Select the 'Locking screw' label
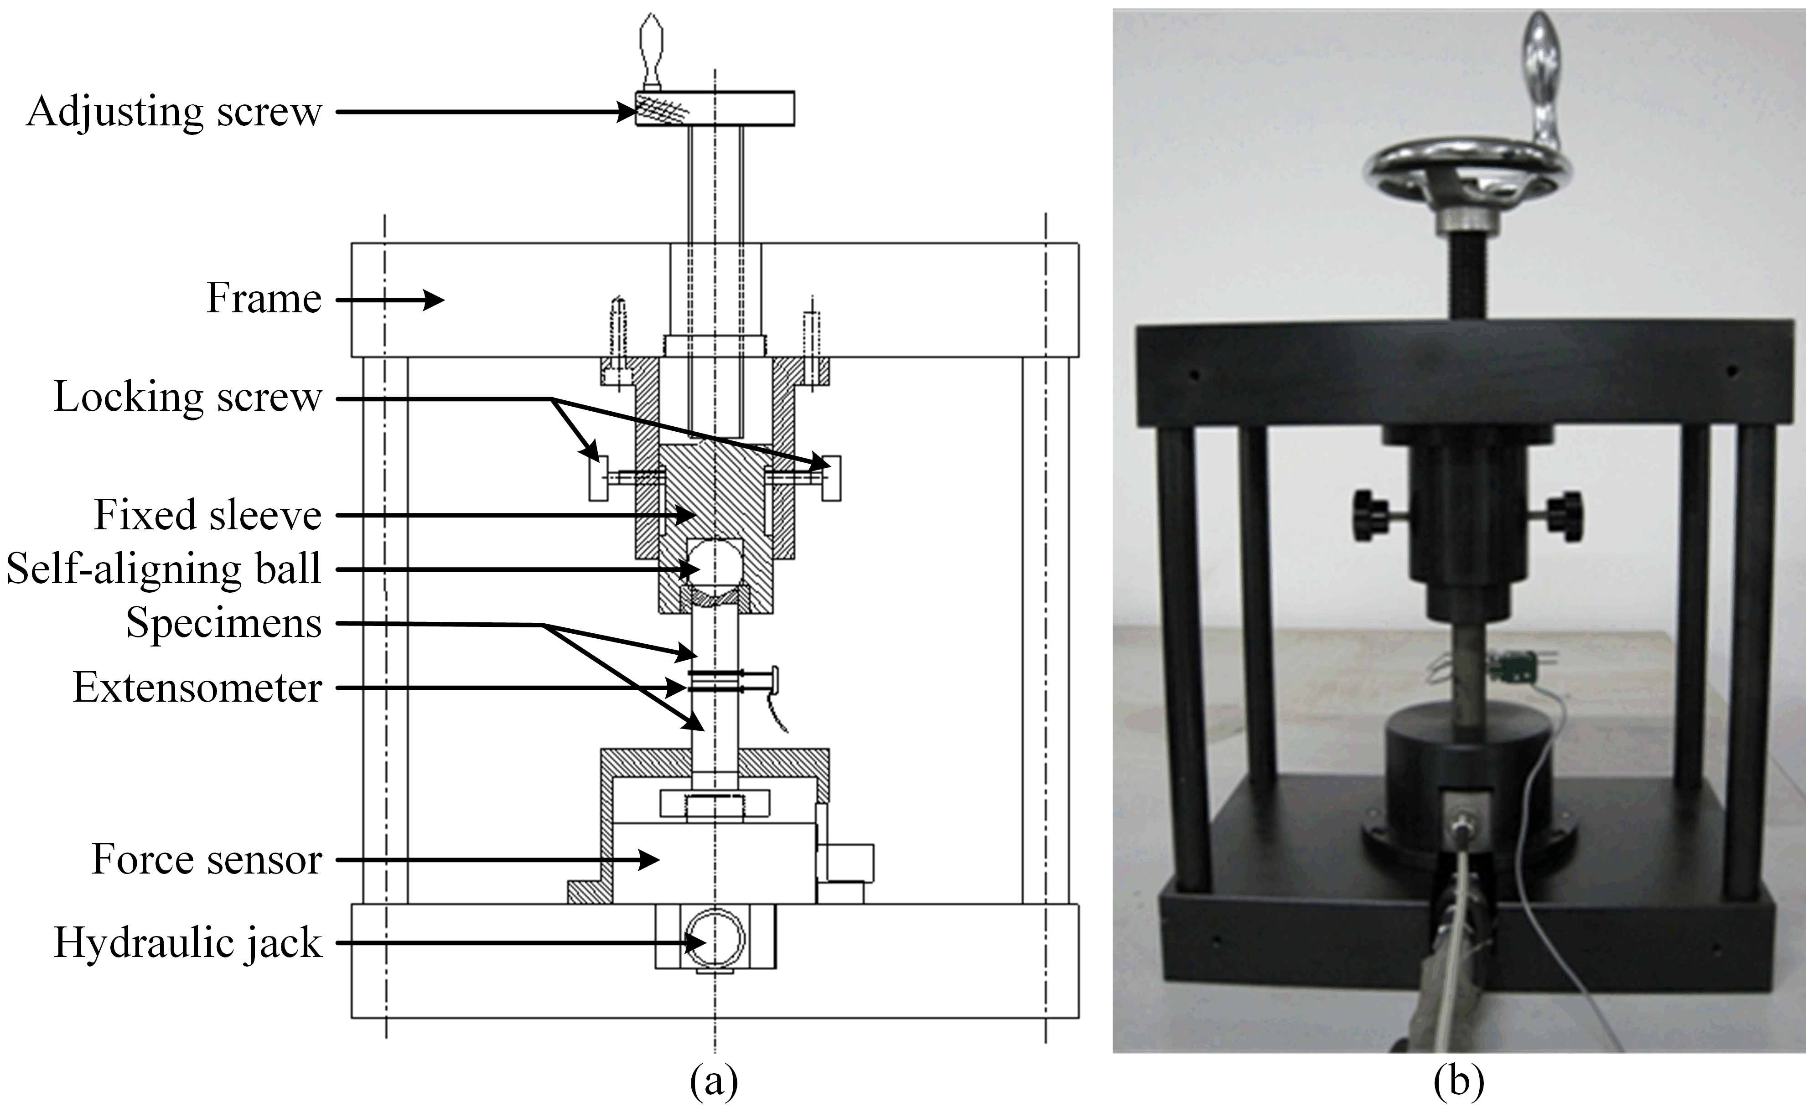[188, 398]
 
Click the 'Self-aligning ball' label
[163, 569]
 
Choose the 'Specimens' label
[224, 623]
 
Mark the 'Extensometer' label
[197, 688]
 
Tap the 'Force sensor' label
[207, 859]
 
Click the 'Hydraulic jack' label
[188, 943]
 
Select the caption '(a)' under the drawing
[713, 1081]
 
